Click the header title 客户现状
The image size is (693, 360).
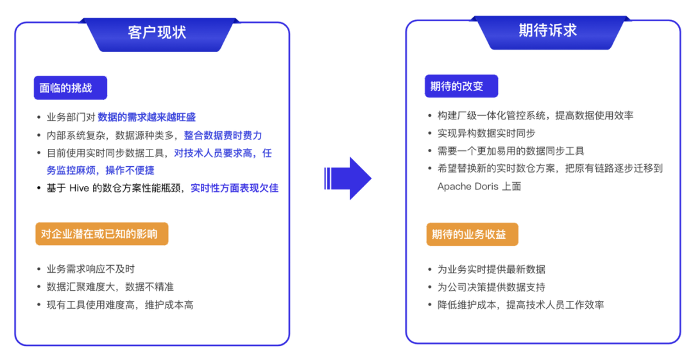click(157, 32)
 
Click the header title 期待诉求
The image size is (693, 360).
click(547, 30)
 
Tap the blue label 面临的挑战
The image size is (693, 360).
click(71, 87)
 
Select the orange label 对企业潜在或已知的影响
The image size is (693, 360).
click(101, 234)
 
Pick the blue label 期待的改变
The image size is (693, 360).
click(461, 86)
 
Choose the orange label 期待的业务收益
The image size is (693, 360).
click(472, 234)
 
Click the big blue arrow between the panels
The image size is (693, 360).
click(347, 178)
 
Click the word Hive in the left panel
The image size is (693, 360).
click(79, 188)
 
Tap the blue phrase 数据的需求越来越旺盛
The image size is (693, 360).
click(147, 117)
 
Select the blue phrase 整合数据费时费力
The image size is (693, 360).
click(223, 135)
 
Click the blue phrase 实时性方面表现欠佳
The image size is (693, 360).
click(234, 188)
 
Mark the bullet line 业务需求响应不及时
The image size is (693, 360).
click(90, 269)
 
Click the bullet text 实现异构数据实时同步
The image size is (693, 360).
click(486, 133)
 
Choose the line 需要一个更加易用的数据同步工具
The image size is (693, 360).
click(511, 151)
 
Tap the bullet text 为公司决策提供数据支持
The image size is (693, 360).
click(491, 287)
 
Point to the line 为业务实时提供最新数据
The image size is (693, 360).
click(491, 270)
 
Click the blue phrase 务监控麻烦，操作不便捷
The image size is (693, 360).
click(100, 170)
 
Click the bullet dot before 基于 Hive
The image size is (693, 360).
click(39, 189)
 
